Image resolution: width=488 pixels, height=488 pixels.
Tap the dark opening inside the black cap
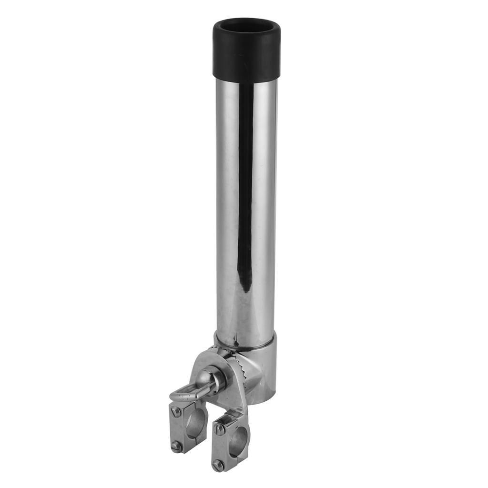(x=246, y=30)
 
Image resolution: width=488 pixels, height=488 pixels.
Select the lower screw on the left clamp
(x=177, y=446)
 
